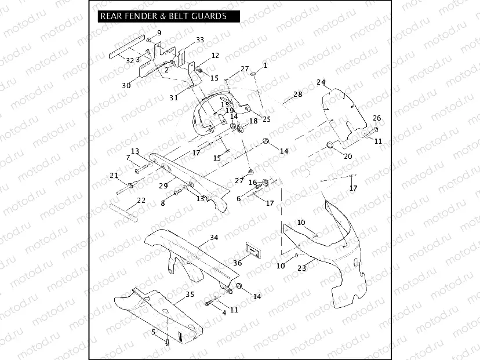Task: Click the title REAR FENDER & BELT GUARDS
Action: click(x=163, y=16)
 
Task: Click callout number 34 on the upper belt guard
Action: click(x=214, y=238)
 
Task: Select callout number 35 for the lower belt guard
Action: click(x=190, y=294)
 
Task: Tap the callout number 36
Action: click(x=237, y=263)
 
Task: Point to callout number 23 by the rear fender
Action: click(x=301, y=268)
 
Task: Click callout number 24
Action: click(x=321, y=82)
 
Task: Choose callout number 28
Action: click(x=297, y=94)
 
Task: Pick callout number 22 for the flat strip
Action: click(x=141, y=201)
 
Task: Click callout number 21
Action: click(x=114, y=175)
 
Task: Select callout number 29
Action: click(x=163, y=186)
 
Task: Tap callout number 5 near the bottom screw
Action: click(x=154, y=332)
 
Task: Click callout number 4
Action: click(x=224, y=312)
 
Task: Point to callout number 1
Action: click(x=265, y=66)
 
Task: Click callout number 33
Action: click(x=200, y=40)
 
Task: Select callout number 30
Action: click(x=126, y=85)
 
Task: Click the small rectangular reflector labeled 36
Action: click(x=253, y=249)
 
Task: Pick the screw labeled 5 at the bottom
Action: click(x=167, y=342)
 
